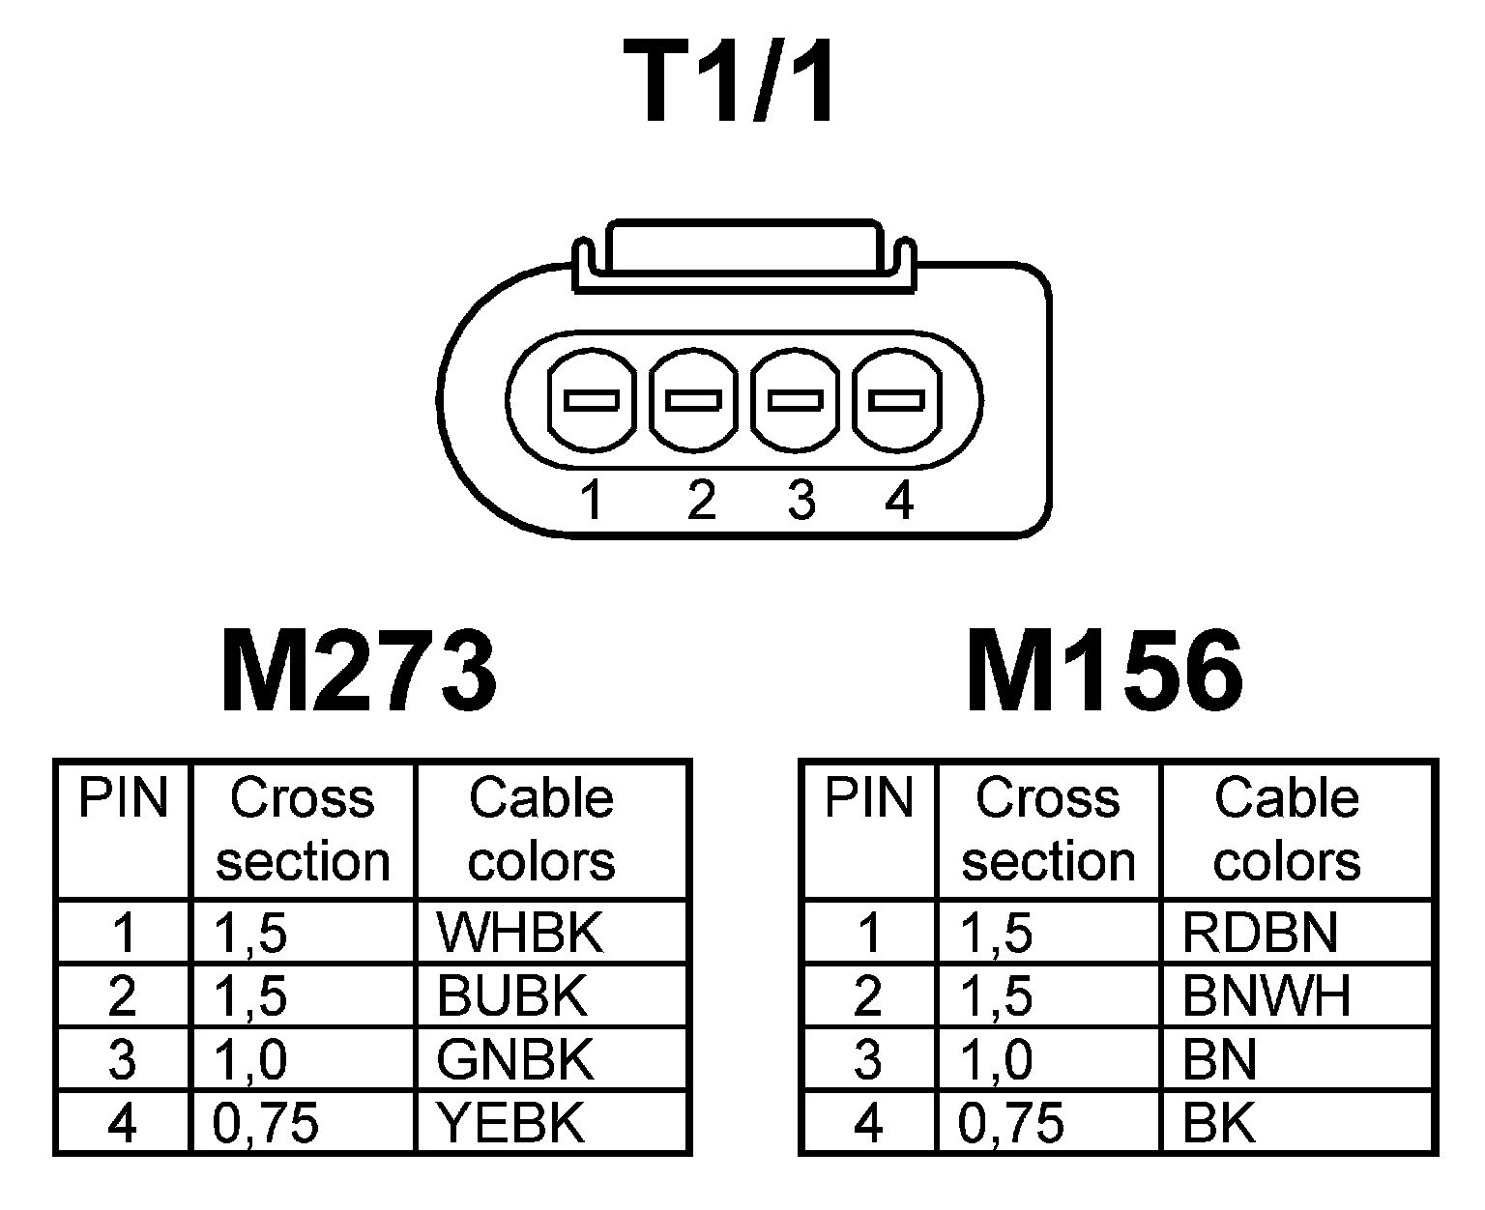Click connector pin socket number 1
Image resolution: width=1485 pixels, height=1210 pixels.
pyautogui.click(x=592, y=399)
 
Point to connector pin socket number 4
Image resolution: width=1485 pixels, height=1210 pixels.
pyautogui.click(x=895, y=399)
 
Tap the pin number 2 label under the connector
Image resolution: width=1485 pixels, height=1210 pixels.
pyautogui.click(x=701, y=502)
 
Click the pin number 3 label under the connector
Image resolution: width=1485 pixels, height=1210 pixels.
pyautogui.click(x=801, y=502)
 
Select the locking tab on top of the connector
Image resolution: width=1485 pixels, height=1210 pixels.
pyautogui.click(x=742, y=253)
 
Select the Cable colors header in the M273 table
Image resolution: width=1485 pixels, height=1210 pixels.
pyautogui.click(x=541, y=829)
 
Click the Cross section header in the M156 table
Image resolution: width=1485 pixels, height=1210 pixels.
pyautogui.click(x=1048, y=829)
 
